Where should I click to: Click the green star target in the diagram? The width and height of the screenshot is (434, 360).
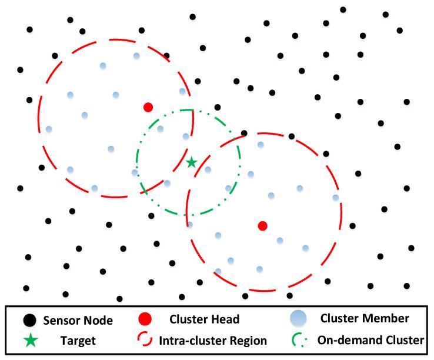point(191,162)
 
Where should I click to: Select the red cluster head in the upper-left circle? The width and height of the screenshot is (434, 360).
point(148,107)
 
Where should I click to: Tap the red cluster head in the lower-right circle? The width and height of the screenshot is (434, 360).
point(263,226)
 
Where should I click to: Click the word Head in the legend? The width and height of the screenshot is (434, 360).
point(226,320)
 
